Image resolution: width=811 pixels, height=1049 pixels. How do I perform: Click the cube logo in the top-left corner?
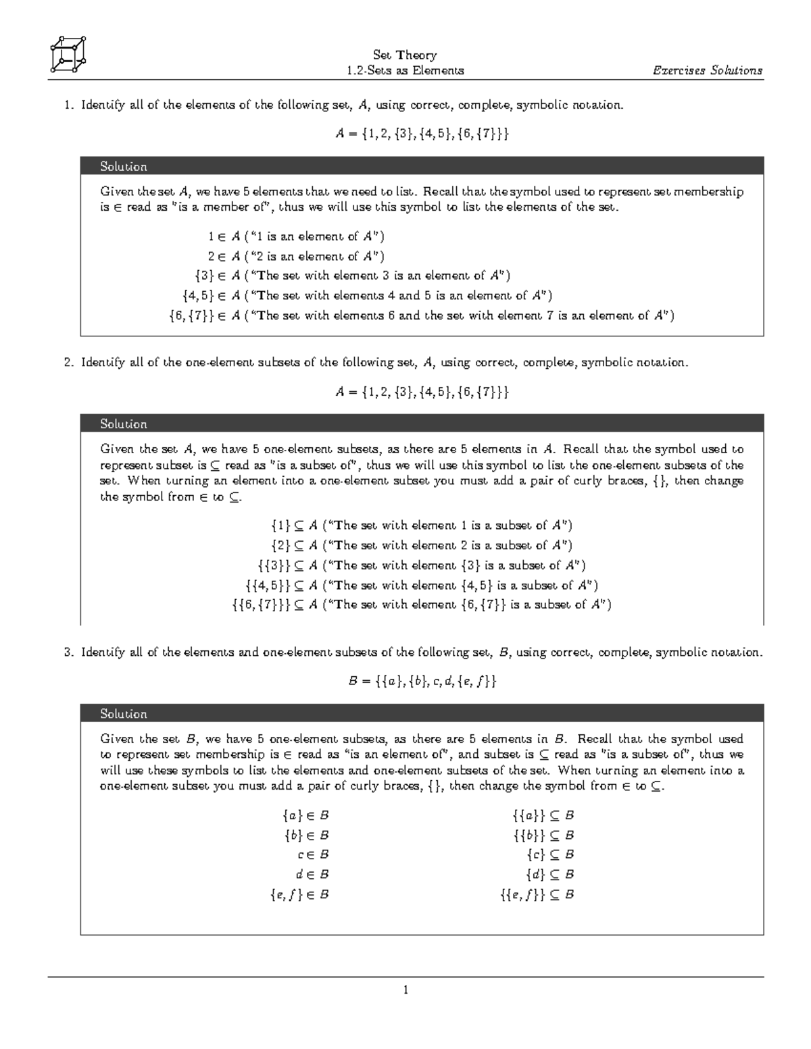(68, 53)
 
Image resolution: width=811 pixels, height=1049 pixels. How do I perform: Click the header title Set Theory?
(405, 55)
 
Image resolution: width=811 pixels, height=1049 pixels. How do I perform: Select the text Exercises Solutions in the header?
(707, 70)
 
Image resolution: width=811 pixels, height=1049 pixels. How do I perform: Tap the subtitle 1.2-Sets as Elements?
(405, 70)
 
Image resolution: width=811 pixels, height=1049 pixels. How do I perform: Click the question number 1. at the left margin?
(68, 105)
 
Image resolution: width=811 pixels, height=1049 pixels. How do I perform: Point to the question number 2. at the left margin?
(68, 362)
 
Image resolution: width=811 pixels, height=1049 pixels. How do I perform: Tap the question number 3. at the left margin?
(68, 652)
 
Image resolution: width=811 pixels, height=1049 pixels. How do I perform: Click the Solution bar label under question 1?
(124, 166)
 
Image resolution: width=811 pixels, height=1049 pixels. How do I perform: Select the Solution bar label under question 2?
(124, 424)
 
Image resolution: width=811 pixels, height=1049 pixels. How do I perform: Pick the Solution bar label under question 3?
(124, 713)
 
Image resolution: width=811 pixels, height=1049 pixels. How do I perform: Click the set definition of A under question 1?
(422, 134)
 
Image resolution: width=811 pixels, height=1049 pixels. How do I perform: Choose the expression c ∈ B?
(313, 854)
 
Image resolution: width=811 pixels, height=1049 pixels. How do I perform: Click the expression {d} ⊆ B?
(550, 874)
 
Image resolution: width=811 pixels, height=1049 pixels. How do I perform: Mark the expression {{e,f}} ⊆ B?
(537, 894)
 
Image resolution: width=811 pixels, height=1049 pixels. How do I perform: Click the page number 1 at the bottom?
(405, 990)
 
